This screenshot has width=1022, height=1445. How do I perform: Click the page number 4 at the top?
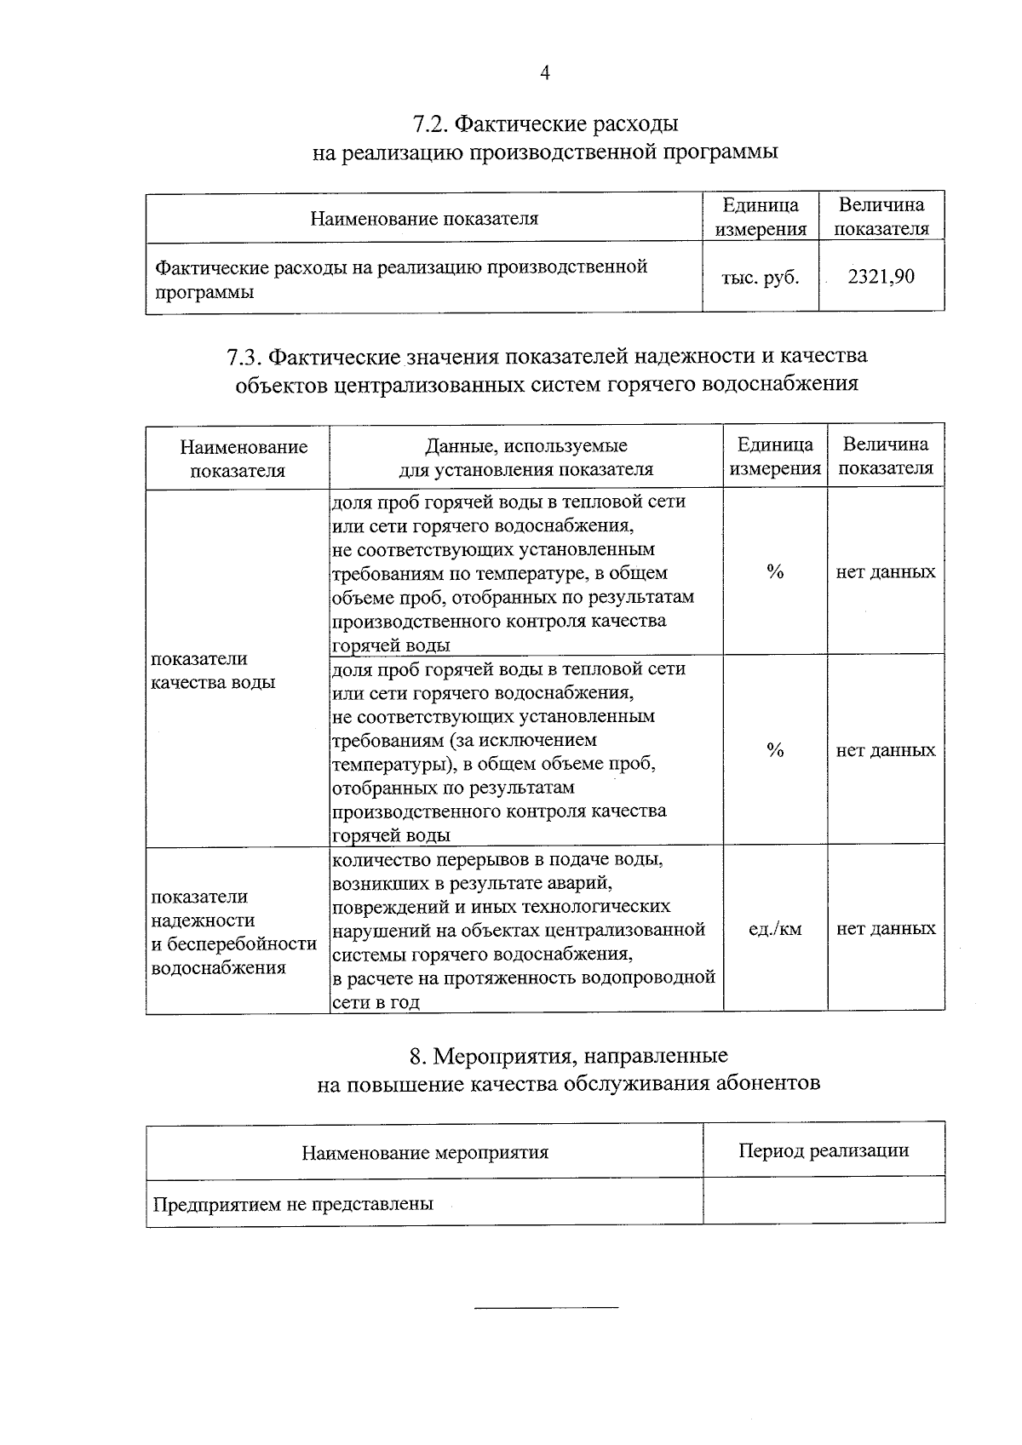click(x=545, y=73)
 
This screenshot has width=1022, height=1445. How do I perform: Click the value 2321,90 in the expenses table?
click(x=881, y=277)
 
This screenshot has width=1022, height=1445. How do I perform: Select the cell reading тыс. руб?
click(x=760, y=278)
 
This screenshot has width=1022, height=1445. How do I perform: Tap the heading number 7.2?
click(x=429, y=124)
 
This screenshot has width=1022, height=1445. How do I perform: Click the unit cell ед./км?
click(x=774, y=929)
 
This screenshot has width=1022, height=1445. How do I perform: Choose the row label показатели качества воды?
click(x=212, y=670)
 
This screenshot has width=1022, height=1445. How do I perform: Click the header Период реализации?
click(x=823, y=1151)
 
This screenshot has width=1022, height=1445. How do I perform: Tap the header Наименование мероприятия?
click(x=424, y=1153)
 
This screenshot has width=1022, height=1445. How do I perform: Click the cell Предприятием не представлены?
click(x=293, y=1204)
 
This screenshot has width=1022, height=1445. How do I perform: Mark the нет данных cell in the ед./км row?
click(x=885, y=929)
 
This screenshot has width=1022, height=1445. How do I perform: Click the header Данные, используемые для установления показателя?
click(x=525, y=457)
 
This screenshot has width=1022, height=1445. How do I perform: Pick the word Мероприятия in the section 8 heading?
click(x=494, y=1057)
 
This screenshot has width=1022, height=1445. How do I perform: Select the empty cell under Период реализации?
click(x=823, y=1202)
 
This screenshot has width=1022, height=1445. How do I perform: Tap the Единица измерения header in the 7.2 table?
click(x=760, y=217)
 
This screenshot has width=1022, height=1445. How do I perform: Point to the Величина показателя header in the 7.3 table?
click(x=885, y=456)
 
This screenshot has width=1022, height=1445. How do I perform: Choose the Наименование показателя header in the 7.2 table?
click(x=423, y=219)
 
